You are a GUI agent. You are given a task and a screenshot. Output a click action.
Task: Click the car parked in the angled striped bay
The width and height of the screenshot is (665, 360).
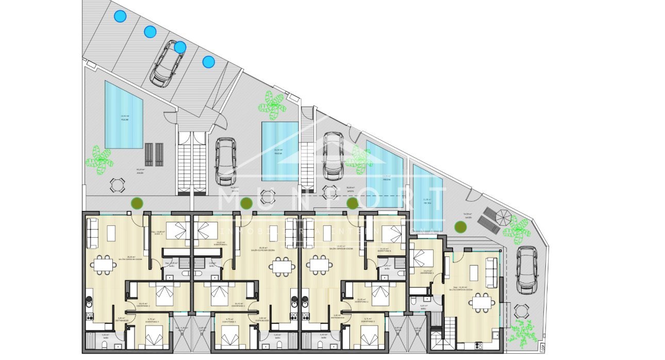coord(167,64)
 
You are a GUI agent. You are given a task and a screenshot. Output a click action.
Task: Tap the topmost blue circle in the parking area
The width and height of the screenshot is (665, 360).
coord(120,17)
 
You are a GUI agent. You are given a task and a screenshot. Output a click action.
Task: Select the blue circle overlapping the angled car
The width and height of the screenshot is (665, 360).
coord(180,47)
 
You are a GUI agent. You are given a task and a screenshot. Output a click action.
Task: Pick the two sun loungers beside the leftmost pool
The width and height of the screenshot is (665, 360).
coord(154,154)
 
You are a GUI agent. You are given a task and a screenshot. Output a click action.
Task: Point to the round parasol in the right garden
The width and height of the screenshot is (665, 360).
coord(503,216)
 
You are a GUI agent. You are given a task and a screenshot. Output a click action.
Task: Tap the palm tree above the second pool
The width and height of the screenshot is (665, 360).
coord(272,104)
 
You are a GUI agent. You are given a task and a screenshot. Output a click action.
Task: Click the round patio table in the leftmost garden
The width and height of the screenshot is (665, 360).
coord(118,184)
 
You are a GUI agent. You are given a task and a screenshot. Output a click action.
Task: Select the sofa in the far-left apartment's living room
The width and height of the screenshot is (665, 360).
coord(93,234)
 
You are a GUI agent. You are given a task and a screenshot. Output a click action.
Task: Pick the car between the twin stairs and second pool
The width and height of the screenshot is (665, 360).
coord(225,161)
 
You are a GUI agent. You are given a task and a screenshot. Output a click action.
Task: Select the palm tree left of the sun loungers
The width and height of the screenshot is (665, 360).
coord(99,158)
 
